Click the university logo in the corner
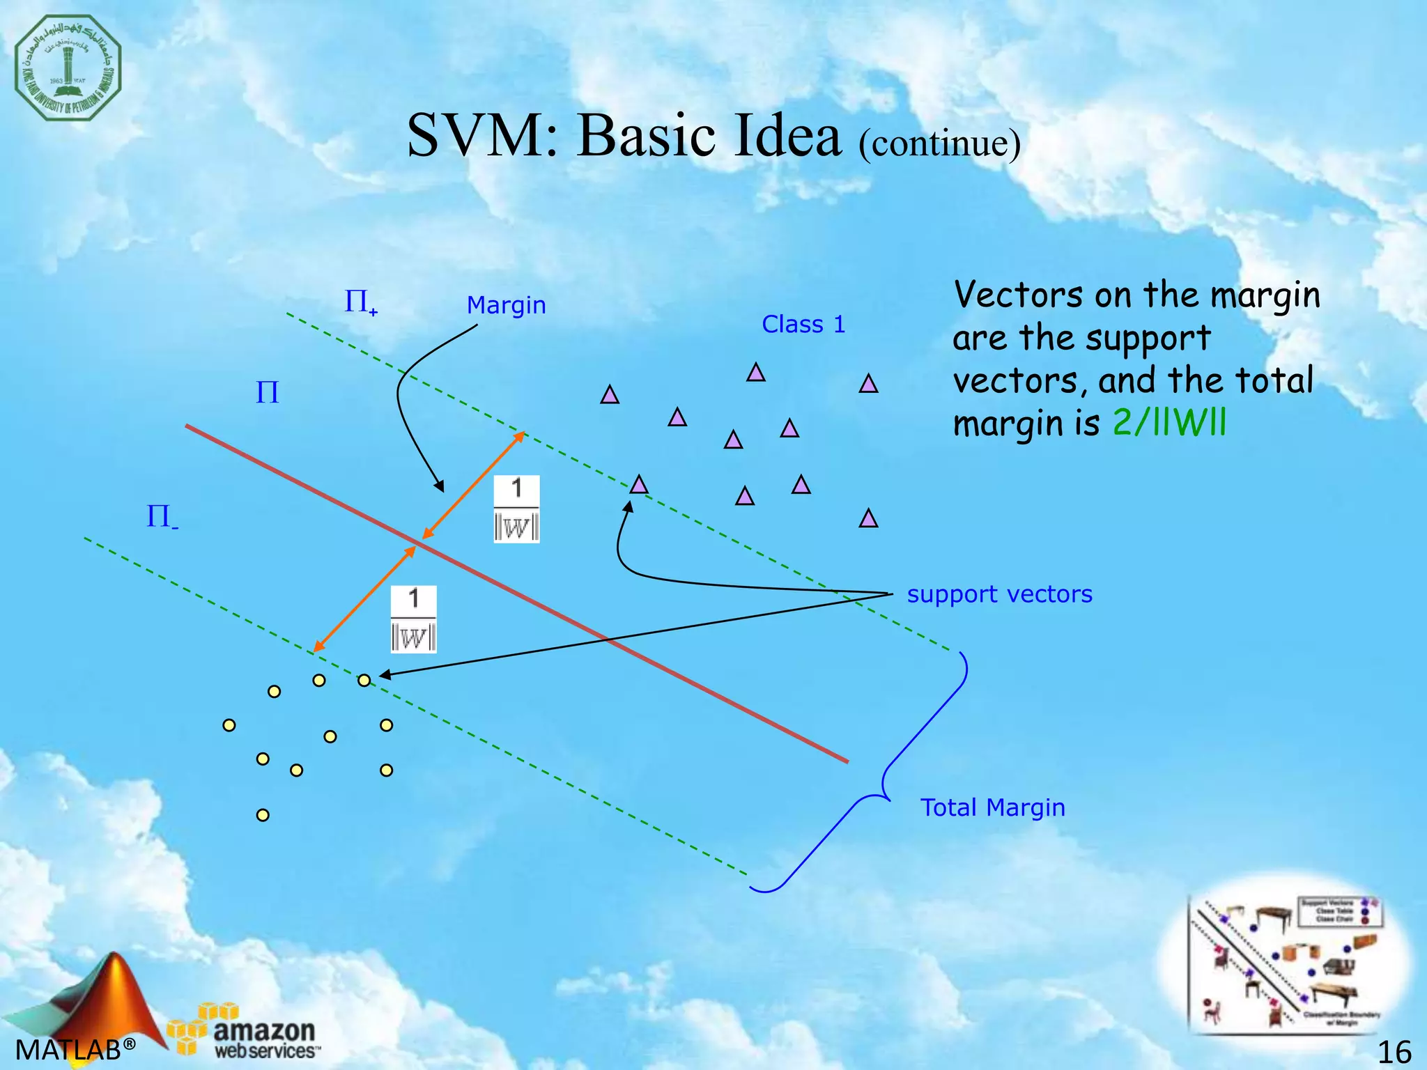[68, 68]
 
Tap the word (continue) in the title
[939, 143]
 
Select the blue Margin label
[506, 305]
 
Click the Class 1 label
[803, 325]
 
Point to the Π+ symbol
[360, 302]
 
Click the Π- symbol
[162, 518]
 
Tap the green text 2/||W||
[1169, 423]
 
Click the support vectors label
[999, 594]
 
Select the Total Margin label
[992, 807]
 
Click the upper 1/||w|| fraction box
[516, 509]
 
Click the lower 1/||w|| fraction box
[413, 619]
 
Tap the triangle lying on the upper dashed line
[638, 485]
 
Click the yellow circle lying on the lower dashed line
[364, 681]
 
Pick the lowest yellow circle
[263, 815]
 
